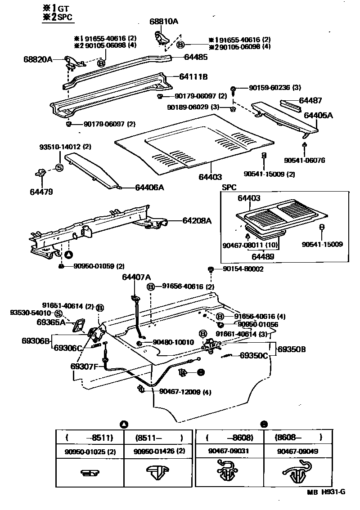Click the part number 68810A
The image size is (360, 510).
pos(164,22)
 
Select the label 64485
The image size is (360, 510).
pos(196,57)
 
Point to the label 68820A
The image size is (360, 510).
pos(38,59)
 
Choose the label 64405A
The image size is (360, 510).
pos(318,115)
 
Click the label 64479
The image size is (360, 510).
pos(42,192)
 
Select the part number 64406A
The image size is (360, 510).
pos(149,187)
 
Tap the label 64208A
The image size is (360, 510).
pos(197,220)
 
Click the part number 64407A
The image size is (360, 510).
pos(136,277)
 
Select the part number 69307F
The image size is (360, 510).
pos(84,366)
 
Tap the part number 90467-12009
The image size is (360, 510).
pos(179,391)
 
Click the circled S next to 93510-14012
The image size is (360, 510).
pos(58,168)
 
